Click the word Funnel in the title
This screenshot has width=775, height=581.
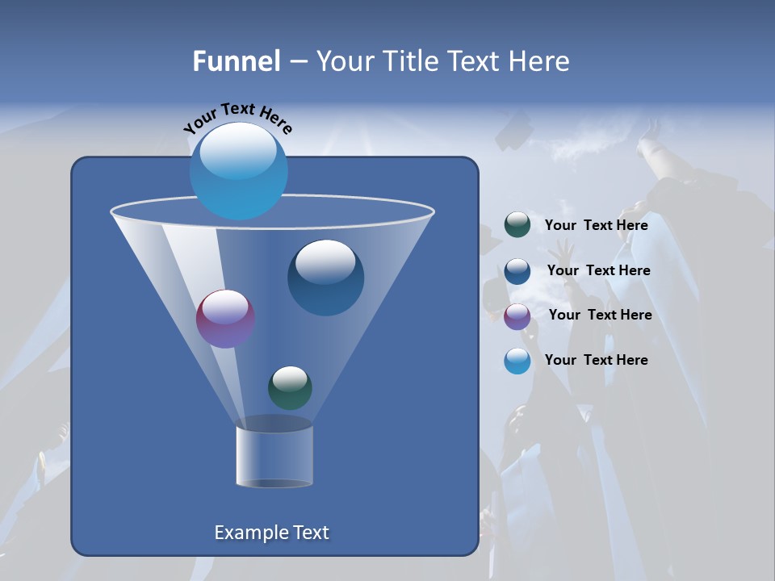[236, 61]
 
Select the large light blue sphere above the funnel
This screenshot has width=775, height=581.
[238, 171]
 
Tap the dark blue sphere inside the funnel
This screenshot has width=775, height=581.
[325, 278]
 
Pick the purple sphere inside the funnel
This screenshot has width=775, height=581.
[225, 319]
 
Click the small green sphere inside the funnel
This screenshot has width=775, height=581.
[290, 387]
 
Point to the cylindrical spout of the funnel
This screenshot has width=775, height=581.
[274, 456]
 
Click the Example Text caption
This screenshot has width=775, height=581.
[271, 533]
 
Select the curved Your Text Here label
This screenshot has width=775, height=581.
[237, 117]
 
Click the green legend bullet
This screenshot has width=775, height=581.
[517, 224]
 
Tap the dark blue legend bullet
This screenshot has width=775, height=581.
[517, 271]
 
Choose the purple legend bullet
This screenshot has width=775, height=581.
[517, 316]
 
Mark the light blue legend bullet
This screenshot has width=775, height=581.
[517, 361]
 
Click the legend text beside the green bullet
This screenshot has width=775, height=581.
[596, 225]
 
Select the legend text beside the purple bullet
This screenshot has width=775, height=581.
[600, 315]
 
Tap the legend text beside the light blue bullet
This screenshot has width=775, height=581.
[596, 360]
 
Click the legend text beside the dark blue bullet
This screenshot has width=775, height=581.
[598, 270]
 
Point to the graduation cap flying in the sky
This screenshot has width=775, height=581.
[513, 131]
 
